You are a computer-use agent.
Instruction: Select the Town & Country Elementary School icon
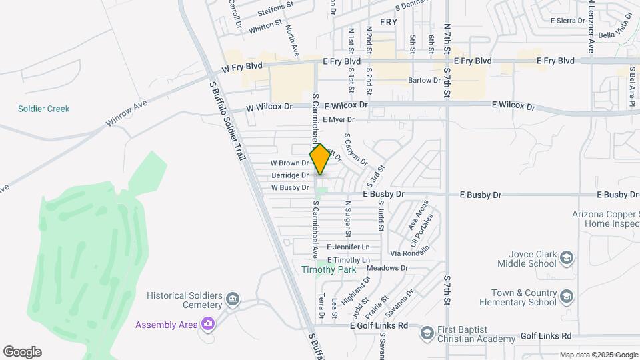tap(566, 296)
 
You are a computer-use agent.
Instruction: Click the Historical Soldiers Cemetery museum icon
tap(233, 299)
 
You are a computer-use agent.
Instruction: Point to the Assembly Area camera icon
tap(208, 324)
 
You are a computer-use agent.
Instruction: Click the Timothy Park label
tap(328, 270)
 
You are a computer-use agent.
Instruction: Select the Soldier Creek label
tap(44, 109)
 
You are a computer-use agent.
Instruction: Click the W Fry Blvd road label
tap(243, 67)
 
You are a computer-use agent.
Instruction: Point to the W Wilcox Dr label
tap(269, 107)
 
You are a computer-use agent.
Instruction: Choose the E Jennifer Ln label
tap(348, 247)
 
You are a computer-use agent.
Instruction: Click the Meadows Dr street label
tap(387, 268)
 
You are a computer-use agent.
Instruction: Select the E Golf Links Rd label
tap(379, 325)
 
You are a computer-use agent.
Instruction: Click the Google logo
tap(22, 352)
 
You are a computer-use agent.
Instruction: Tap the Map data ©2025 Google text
tap(599, 355)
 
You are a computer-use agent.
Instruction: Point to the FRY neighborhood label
tap(389, 22)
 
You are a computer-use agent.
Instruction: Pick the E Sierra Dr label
tap(567, 21)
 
